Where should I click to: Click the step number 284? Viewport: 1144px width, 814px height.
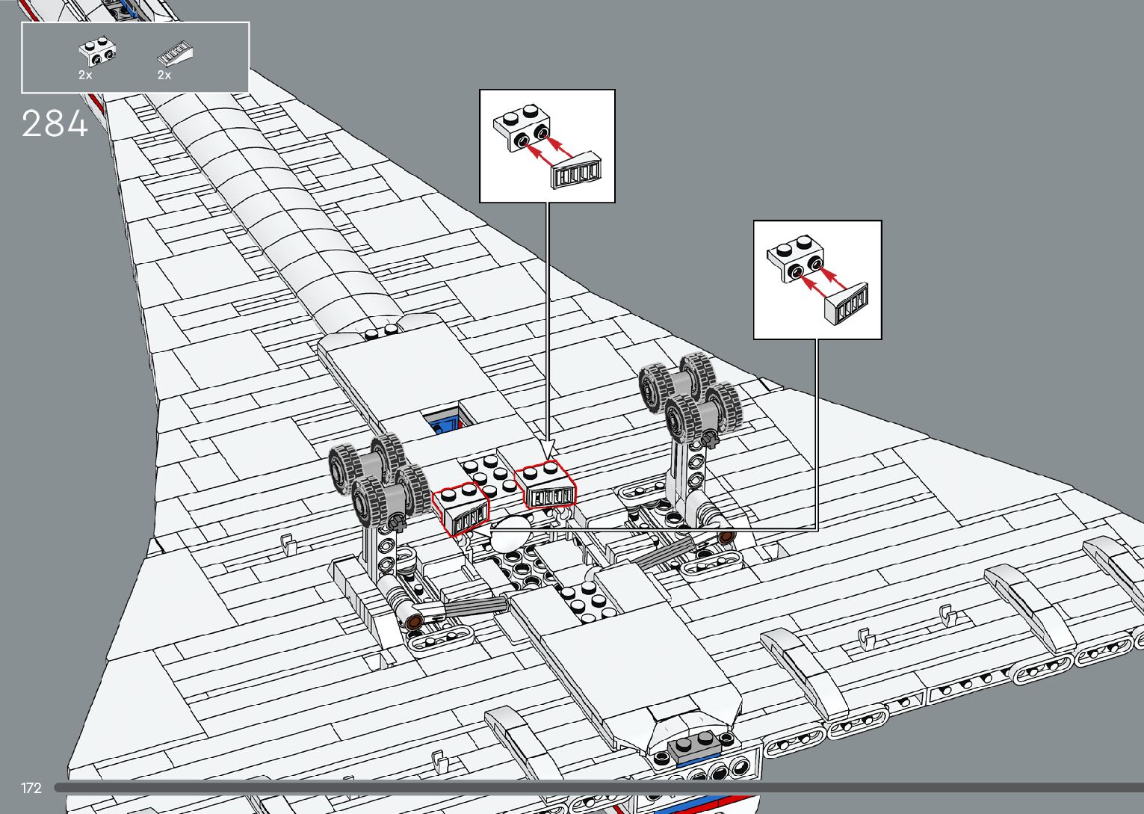55,124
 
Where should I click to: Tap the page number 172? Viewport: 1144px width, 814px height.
31,788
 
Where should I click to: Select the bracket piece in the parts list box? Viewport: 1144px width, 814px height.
97,52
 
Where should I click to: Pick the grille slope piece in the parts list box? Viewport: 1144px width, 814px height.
176,54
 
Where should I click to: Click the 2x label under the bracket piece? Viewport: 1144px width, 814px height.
85,75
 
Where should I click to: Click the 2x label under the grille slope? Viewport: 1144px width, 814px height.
164,75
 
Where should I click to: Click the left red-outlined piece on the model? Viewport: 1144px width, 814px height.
461,508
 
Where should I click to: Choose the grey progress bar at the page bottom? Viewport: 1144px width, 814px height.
598,787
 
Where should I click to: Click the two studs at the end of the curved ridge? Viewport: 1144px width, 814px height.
381,332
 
